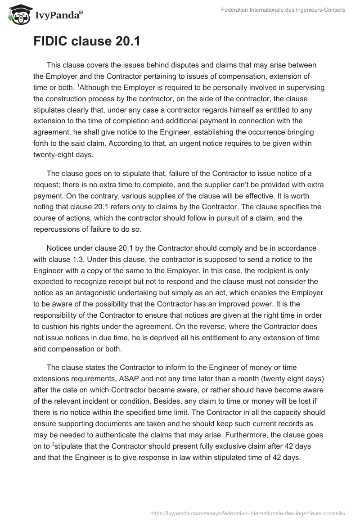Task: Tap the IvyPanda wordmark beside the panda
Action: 58,16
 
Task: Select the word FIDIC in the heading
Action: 50,41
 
